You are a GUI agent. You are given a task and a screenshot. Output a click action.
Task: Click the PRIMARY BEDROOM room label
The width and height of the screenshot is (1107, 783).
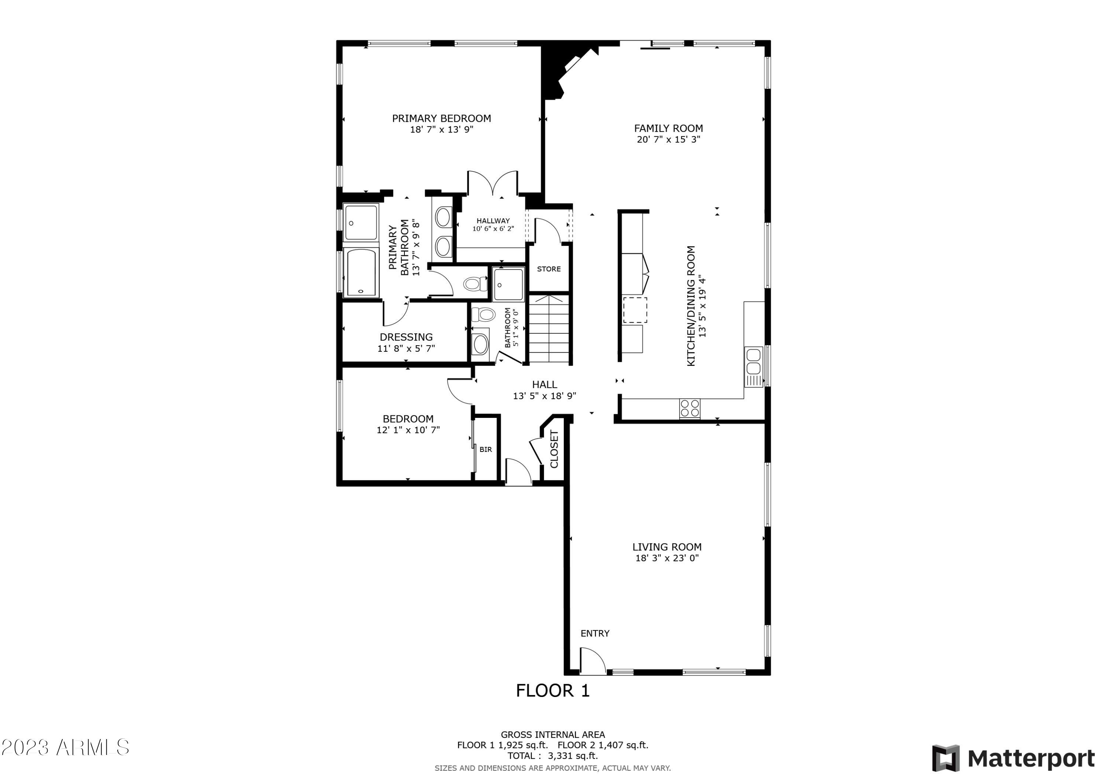pos(441,119)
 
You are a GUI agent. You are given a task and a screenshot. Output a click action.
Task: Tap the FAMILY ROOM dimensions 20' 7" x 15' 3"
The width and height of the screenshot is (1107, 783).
pos(668,140)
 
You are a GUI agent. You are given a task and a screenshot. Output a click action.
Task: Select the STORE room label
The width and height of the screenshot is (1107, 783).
pos(549,269)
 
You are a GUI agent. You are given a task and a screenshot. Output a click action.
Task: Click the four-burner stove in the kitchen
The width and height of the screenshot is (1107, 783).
pos(689,408)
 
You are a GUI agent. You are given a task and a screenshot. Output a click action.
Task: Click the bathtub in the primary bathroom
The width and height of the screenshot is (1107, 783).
pos(361,272)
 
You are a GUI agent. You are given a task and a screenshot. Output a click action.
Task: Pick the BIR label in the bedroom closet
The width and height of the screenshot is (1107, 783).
pos(486,450)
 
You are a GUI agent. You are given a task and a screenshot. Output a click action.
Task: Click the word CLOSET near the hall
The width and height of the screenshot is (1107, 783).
pos(554,449)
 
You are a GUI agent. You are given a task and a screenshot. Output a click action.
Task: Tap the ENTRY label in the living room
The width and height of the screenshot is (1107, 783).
pos(595,633)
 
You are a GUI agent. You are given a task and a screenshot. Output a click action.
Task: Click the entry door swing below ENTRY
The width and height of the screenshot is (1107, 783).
pos(593,662)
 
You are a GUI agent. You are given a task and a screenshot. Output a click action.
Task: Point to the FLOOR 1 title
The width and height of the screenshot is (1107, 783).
pos(552,691)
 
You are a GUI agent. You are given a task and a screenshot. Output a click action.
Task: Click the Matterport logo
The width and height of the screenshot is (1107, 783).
pos(1013,759)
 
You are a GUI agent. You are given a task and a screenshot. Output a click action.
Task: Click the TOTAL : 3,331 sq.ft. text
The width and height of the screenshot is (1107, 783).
pos(552,756)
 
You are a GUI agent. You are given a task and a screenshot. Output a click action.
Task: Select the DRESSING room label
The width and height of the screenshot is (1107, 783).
pos(406,337)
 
